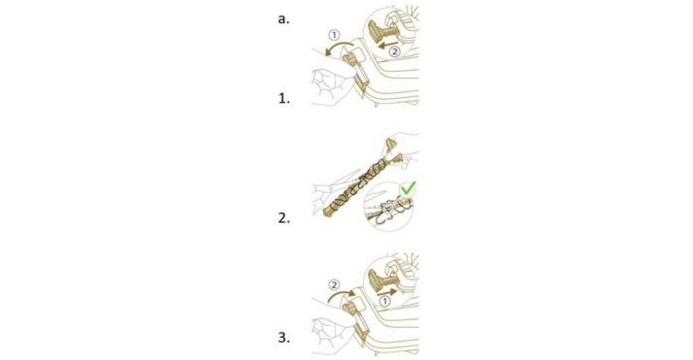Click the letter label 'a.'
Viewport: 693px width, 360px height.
click(283, 19)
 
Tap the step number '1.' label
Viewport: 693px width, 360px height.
click(283, 99)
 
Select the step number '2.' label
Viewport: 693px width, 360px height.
click(283, 217)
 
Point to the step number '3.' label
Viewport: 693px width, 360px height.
click(283, 338)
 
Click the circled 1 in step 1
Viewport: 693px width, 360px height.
click(335, 35)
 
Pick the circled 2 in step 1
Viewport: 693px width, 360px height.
click(394, 51)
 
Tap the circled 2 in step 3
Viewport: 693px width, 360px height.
click(335, 285)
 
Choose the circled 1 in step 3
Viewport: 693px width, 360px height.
click(385, 301)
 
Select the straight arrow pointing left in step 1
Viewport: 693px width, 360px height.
click(387, 44)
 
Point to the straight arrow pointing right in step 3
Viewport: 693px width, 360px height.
click(387, 292)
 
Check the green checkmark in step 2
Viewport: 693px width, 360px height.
click(408, 188)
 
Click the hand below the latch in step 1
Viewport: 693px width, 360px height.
click(329, 85)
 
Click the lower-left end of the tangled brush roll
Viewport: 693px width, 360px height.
click(327, 213)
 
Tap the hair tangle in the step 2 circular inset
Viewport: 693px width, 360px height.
click(389, 209)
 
